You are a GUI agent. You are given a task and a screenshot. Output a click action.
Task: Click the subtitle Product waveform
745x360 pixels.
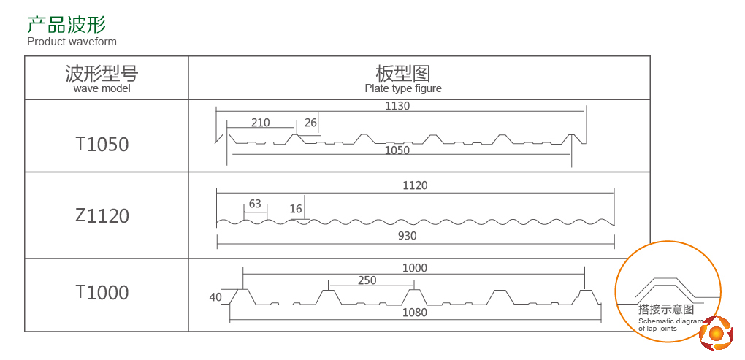pyautogui.click(x=72, y=42)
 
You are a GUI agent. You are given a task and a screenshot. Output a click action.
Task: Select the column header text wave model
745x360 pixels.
pyautogui.click(x=102, y=88)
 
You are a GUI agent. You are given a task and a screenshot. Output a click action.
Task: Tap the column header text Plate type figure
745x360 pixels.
pyautogui.click(x=403, y=88)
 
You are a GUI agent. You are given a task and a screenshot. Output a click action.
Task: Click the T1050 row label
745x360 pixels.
pyautogui.click(x=102, y=145)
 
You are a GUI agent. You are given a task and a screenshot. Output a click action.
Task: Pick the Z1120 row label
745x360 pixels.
pyautogui.click(x=102, y=216)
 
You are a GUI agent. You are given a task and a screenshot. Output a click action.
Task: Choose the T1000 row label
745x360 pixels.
pyautogui.click(x=102, y=293)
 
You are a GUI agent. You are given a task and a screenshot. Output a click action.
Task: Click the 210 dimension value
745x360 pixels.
pyautogui.click(x=260, y=123)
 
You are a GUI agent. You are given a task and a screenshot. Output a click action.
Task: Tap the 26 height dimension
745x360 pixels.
pyautogui.click(x=310, y=123)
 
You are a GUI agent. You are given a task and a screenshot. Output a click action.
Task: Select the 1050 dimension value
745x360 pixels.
pyautogui.click(x=397, y=150)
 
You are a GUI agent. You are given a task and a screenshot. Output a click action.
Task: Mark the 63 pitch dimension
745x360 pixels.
pyautogui.click(x=255, y=204)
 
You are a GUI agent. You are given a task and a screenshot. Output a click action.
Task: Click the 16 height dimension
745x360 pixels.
pyautogui.click(x=296, y=209)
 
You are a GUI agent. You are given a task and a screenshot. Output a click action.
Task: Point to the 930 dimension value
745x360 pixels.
pyautogui.click(x=407, y=236)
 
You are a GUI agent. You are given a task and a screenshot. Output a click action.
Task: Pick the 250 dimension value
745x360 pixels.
pyautogui.click(x=367, y=280)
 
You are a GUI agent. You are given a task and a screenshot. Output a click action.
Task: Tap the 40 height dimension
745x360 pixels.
pyautogui.click(x=215, y=297)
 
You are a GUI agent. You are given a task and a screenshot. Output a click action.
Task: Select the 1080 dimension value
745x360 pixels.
pyautogui.click(x=414, y=313)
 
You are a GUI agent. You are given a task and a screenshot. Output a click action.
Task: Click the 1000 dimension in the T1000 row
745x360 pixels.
pyautogui.click(x=414, y=268)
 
